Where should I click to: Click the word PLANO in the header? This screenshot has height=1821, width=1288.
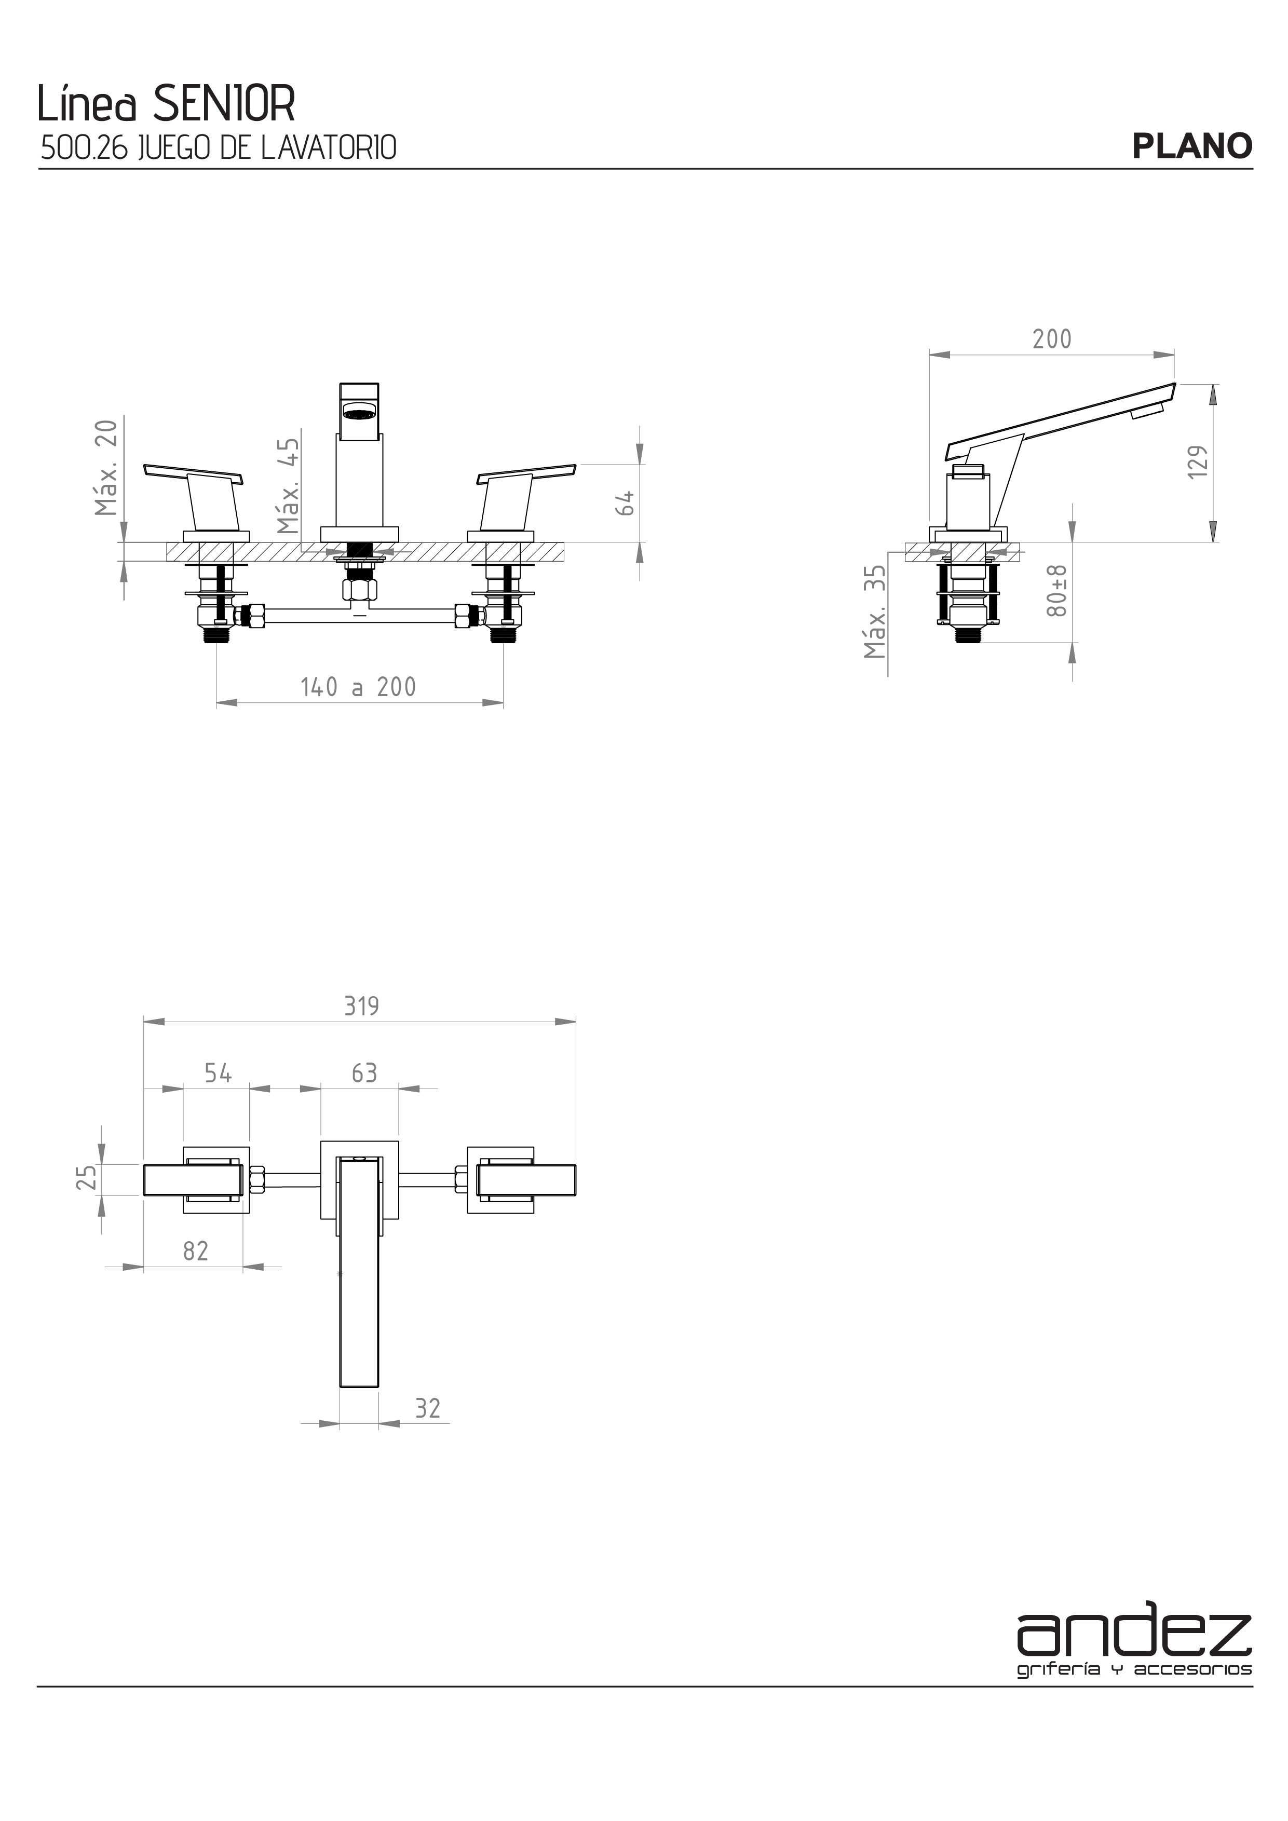pos(1192,146)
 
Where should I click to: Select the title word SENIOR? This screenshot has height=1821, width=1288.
pos(224,103)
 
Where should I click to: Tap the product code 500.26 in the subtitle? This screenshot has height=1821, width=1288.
pos(84,148)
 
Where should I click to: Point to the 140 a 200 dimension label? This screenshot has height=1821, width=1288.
pos(359,687)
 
